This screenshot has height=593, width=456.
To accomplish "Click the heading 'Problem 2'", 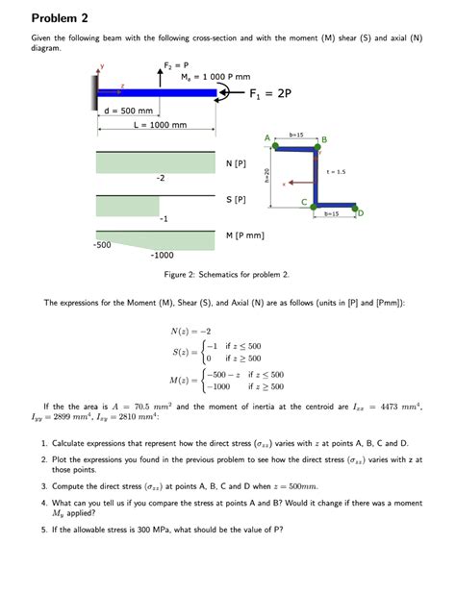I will (x=60, y=18).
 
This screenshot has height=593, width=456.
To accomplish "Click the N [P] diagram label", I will (x=236, y=163).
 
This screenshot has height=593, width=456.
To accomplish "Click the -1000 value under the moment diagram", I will (x=162, y=256).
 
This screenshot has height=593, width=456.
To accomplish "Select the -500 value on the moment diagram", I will (x=102, y=246).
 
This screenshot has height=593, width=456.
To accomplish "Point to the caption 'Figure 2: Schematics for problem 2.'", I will (x=227, y=275).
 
